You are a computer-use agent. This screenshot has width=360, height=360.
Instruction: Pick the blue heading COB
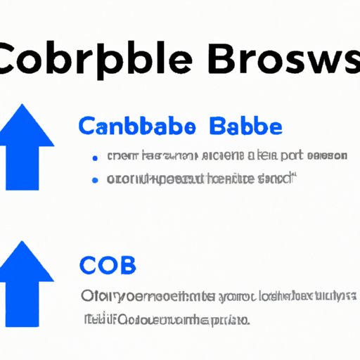coord(107,266)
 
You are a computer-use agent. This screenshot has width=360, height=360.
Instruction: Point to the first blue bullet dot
coord(94,157)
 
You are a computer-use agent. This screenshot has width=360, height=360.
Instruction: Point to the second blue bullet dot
coord(94,179)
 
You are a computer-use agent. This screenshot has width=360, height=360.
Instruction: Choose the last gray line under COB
coord(165,320)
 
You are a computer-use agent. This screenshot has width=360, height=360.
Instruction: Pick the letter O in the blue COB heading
coord(108,266)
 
